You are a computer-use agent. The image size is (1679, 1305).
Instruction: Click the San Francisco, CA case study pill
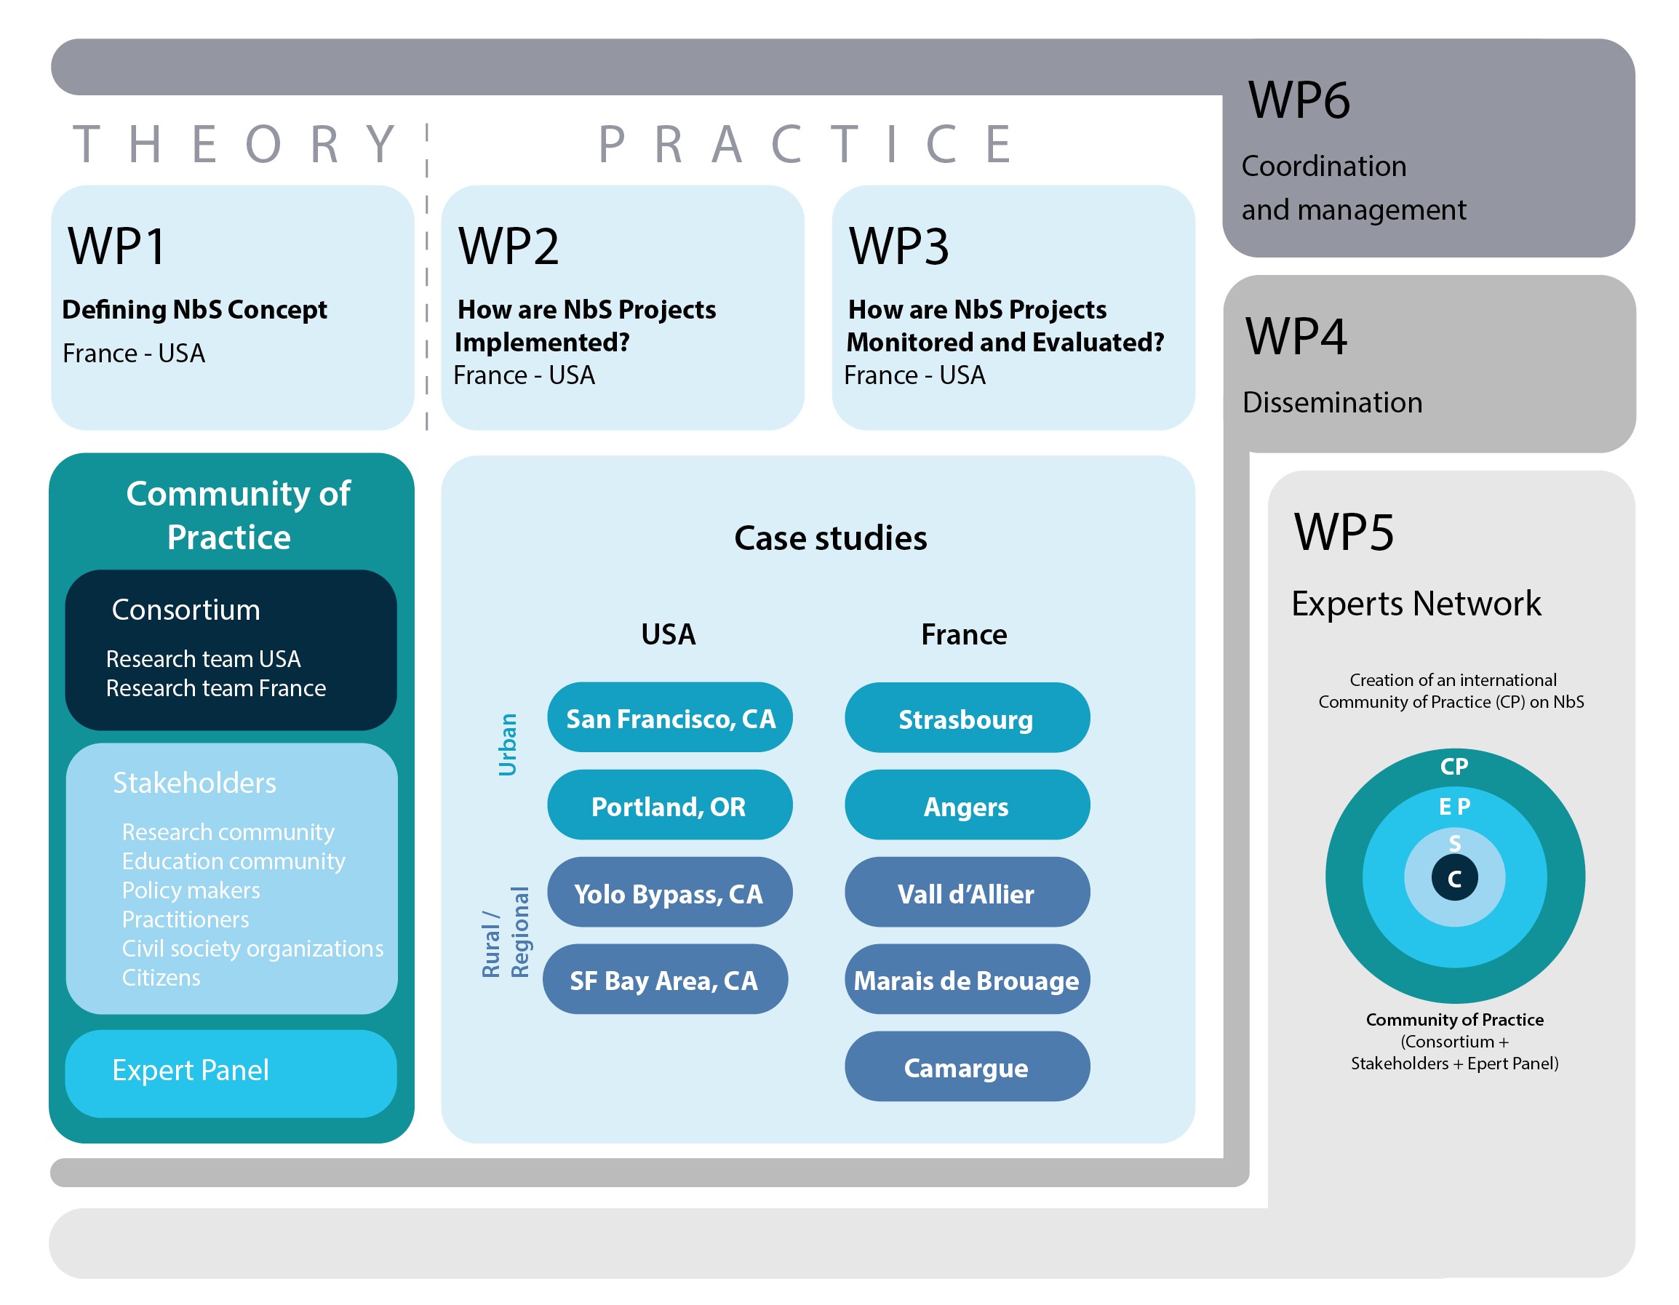click(669, 718)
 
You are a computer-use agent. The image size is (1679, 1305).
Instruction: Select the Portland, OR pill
click(669, 805)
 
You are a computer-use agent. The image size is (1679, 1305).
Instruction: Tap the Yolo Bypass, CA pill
click(669, 893)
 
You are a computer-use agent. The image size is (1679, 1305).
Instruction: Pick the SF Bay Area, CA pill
click(664, 980)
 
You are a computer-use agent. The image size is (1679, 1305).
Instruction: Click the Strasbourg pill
click(966, 719)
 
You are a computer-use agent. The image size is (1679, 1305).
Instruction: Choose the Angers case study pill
click(966, 805)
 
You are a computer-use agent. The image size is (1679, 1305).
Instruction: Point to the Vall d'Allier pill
click(966, 893)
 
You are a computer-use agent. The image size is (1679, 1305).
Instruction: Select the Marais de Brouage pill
click(966, 980)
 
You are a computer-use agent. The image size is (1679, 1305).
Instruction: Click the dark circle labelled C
click(1453, 878)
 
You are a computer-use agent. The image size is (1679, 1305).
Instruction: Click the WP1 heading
click(117, 247)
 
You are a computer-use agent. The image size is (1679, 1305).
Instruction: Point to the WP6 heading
click(1299, 100)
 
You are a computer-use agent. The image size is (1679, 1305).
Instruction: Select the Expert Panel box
click(231, 1073)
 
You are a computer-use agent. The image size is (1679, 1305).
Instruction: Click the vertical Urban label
click(507, 744)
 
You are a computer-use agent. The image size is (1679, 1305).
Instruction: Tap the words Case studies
click(830, 538)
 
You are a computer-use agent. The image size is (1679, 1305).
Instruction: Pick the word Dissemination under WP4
click(1332, 403)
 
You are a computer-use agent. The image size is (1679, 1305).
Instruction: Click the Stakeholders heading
click(194, 783)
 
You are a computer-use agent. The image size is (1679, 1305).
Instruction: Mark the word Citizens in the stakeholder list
click(161, 978)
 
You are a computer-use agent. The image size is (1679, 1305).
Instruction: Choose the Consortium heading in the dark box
click(186, 610)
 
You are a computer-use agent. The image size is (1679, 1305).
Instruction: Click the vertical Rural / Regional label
click(505, 932)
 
